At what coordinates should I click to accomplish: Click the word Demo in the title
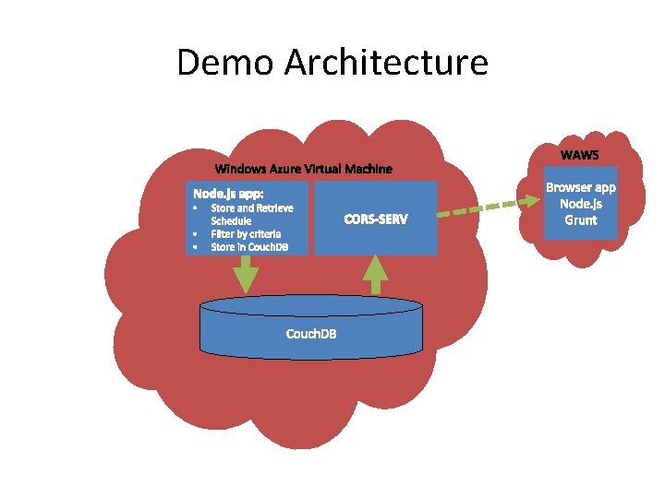225,63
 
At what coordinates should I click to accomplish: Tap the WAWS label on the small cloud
580,154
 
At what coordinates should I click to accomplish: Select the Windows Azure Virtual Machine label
303,169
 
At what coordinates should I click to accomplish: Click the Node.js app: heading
228,194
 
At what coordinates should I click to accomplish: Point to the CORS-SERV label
375,219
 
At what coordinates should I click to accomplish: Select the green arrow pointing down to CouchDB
246,274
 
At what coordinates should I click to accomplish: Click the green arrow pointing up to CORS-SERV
375,275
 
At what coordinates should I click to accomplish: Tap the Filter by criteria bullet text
246,234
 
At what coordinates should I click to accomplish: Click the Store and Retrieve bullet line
252,208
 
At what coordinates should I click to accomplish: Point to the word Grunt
581,220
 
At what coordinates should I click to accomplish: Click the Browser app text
581,187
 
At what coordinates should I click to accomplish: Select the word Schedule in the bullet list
231,221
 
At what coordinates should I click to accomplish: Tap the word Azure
284,169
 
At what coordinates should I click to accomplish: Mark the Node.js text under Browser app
581,204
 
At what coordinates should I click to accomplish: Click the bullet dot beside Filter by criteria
196,234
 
